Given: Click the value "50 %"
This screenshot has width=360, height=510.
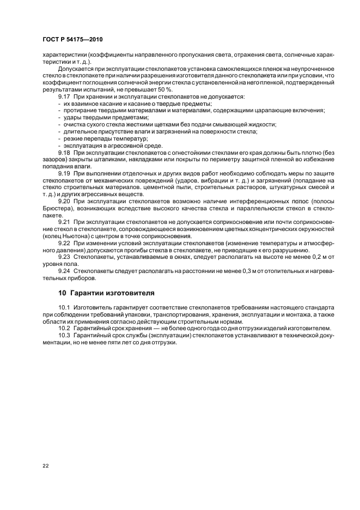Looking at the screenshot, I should tap(164, 89).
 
